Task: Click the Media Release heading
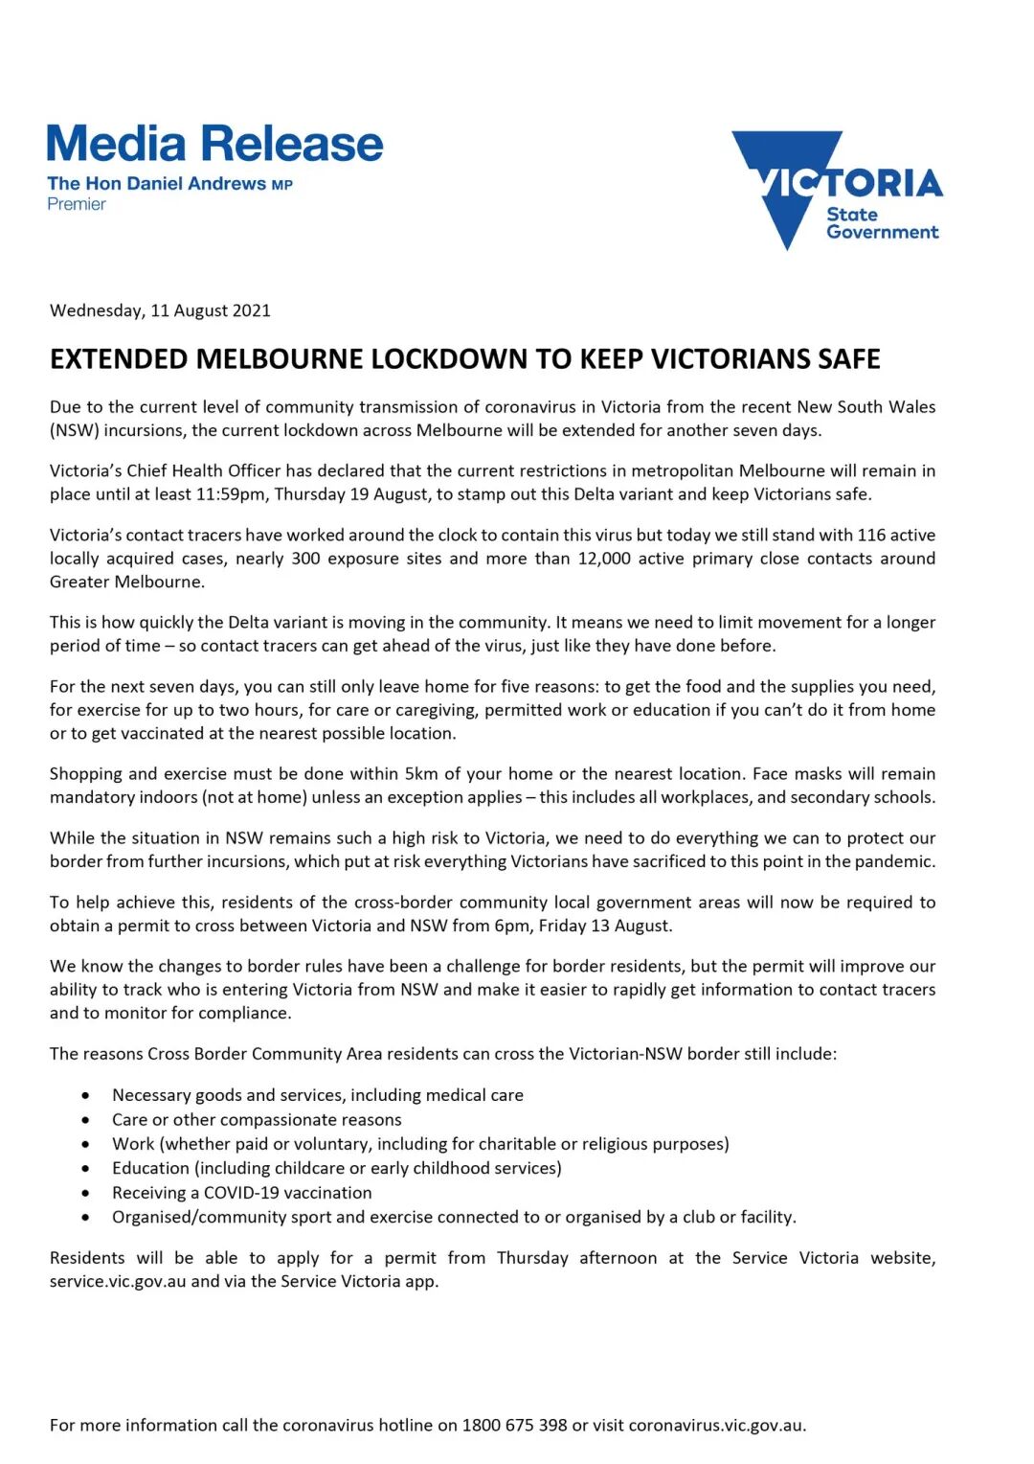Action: (x=214, y=145)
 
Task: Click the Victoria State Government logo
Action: (x=837, y=190)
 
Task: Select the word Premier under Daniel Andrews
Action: (x=77, y=204)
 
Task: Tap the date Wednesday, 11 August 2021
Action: (x=160, y=310)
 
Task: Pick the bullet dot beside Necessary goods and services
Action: (x=86, y=1095)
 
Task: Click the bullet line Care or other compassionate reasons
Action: (x=257, y=1120)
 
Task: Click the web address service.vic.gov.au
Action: (x=118, y=1282)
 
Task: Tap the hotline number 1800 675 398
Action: (x=514, y=1426)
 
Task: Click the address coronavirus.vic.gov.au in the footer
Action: (x=716, y=1426)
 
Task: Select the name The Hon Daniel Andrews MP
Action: (x=169, y=184)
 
